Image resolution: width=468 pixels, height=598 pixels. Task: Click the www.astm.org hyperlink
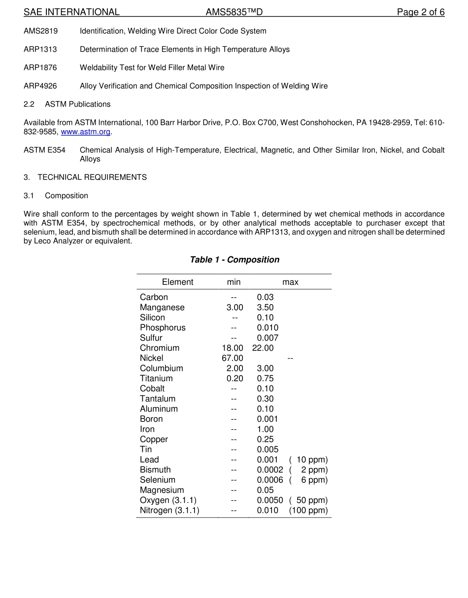[85, 132]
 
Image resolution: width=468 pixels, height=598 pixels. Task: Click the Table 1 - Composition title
[234, 260]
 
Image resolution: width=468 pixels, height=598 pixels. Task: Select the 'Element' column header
[177, 282]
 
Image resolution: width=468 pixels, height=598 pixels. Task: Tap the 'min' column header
[234, 282]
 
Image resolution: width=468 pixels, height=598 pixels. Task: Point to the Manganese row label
[162, 308]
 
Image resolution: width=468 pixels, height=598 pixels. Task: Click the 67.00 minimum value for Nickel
[232, 358]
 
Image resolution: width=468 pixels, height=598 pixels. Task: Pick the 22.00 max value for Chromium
[263, 348]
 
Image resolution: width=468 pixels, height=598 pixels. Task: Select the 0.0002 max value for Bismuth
[270, 470]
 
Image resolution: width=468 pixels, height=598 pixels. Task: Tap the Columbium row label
[161, 368]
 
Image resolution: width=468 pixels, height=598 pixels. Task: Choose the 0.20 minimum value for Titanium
[234, 379]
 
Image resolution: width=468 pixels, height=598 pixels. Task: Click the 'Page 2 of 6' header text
[420, 12]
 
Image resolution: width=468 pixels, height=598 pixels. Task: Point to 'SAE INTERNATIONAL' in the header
[71, 12]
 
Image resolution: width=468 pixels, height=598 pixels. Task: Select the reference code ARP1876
[40, 68]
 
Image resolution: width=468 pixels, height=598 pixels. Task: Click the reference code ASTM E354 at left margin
[44, 150]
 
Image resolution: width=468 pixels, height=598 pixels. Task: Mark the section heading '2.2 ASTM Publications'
[67, 104]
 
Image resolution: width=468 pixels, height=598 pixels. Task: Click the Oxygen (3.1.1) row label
[168, 500]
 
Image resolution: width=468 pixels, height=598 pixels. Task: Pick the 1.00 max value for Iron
[265, 429]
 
